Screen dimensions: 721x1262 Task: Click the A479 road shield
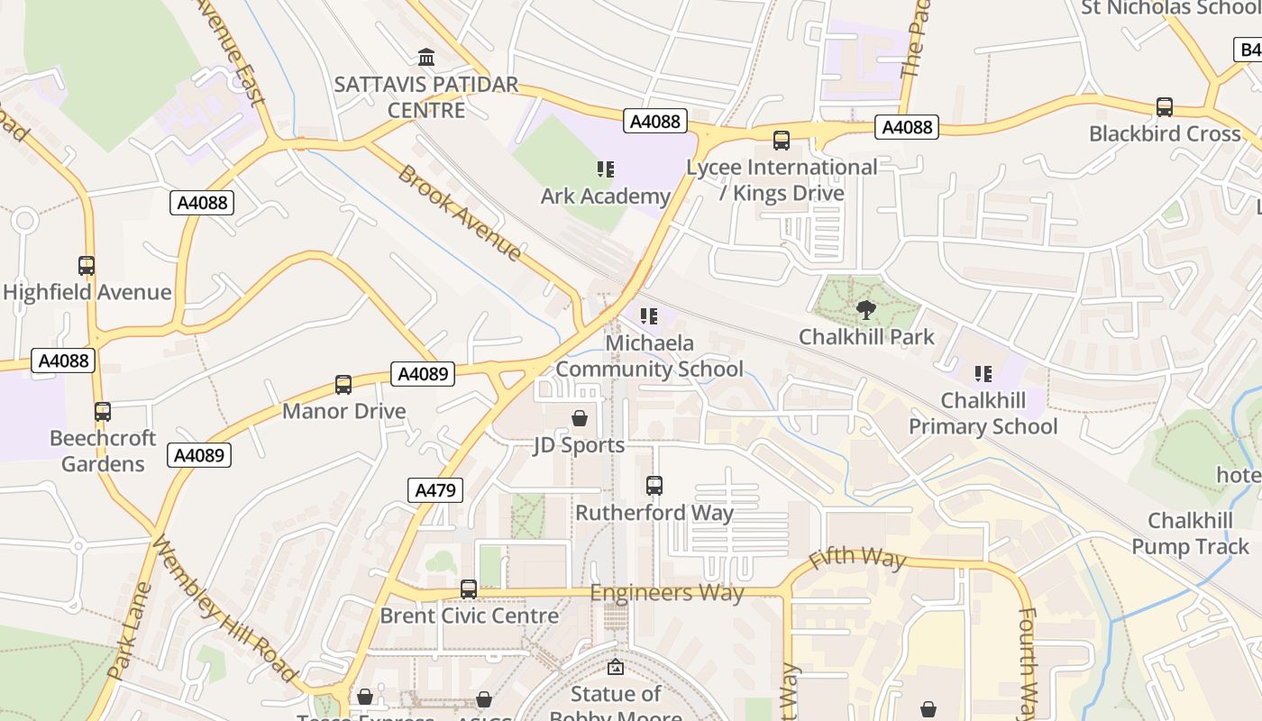click(437, 490)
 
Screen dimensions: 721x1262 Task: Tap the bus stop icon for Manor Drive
click(343, 385)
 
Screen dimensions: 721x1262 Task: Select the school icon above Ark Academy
click(605, 169)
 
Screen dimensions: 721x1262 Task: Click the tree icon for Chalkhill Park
click(866, 311)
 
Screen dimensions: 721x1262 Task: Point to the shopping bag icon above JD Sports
click(580, 419)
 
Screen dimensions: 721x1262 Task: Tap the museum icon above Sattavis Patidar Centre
click(426, 58)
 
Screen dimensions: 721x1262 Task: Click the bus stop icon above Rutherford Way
click(654, 486)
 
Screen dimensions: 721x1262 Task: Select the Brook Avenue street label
click(459, 214)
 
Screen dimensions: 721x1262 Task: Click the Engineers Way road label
click(667, 593)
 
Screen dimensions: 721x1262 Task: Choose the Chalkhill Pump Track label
click(1190, 534)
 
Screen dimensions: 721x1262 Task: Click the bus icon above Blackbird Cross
click(1165, 107)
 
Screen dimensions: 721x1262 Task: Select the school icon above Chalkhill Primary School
click(983, 373)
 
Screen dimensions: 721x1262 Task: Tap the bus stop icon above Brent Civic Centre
click(469, 589)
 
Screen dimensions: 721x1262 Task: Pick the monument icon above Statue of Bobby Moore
click(616, 668)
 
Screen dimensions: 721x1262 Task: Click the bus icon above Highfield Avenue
click(87, 266)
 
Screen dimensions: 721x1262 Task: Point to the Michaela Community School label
click(649, 356)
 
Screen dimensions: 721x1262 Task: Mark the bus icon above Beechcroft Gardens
click(103, 412)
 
